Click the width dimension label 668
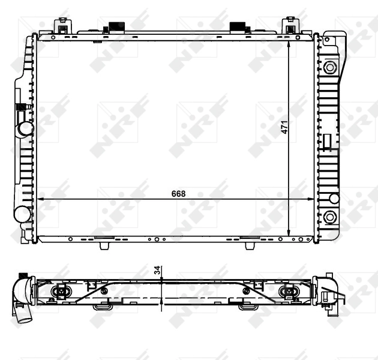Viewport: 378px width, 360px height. (x=178, y=193)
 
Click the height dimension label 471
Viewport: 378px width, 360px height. (x=285, y=127)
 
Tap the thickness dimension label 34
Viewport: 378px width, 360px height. (x=158, y=271)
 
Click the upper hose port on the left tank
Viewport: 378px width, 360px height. (x=25, y=128)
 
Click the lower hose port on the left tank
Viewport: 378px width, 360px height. (x=22, y=213)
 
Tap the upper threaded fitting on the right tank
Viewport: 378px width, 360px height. (x=329, y=67)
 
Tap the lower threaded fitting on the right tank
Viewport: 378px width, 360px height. (x=329, y=217)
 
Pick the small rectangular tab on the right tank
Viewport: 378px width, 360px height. (x=327, y=141)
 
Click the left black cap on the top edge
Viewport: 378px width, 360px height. (x=113, y=28)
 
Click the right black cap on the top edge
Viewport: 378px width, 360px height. (x=239, y=28)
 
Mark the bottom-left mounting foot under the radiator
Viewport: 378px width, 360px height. (x=103, y=245)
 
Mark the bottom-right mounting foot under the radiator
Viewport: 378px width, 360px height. (x=250, y=245)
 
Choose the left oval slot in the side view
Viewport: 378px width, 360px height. (x=62, y=292)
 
